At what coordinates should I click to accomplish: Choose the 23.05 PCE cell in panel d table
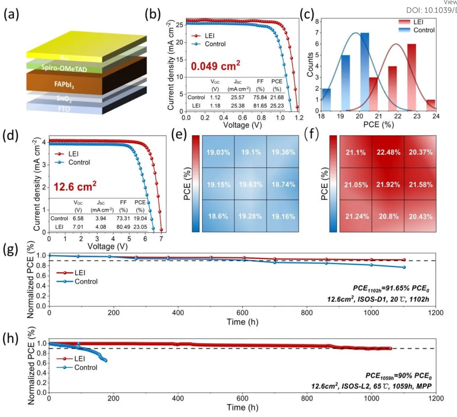(x=140, y=227)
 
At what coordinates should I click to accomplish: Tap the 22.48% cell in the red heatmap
(x=387, y=152)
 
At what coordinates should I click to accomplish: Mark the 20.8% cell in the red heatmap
(x=387, y=216)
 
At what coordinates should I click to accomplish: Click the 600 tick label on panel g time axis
(x=242, y=314)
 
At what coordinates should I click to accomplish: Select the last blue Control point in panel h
(x=105, y=361)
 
